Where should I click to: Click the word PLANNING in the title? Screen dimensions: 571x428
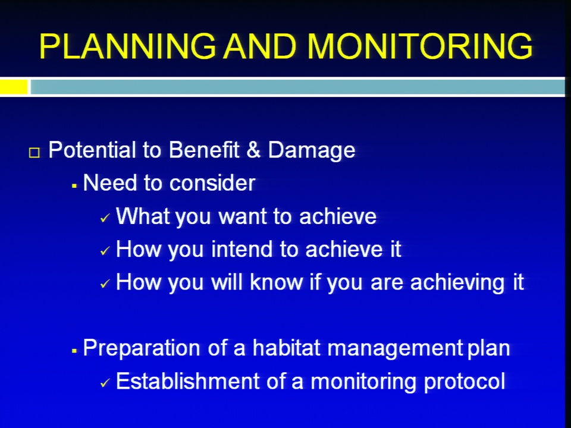click(127, 46)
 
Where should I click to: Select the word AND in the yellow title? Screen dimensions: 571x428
click(260, 46)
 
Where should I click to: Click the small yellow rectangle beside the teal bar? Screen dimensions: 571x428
click(14, 87)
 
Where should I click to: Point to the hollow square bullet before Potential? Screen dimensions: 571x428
click(34, 153)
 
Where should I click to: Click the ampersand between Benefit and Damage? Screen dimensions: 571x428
click(253, 150)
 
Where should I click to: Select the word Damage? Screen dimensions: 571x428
click(311, 150)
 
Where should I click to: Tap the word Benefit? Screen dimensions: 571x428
click(204, 150)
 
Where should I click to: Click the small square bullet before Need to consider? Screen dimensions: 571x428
click(74, 186)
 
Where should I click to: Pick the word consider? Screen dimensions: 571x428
click(212, 182)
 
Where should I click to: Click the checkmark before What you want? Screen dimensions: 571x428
click(105, 218)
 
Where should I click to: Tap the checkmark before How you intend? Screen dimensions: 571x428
click(105, 251)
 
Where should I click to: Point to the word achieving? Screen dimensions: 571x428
click(457, 283)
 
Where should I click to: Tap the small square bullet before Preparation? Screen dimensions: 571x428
click(74, 351)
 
